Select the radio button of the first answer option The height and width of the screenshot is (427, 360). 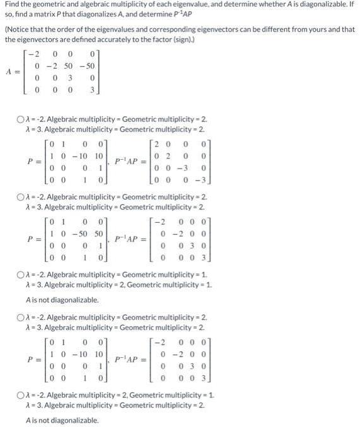(x=21, y=119)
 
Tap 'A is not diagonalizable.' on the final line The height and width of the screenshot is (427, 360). (x=62, y=420)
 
